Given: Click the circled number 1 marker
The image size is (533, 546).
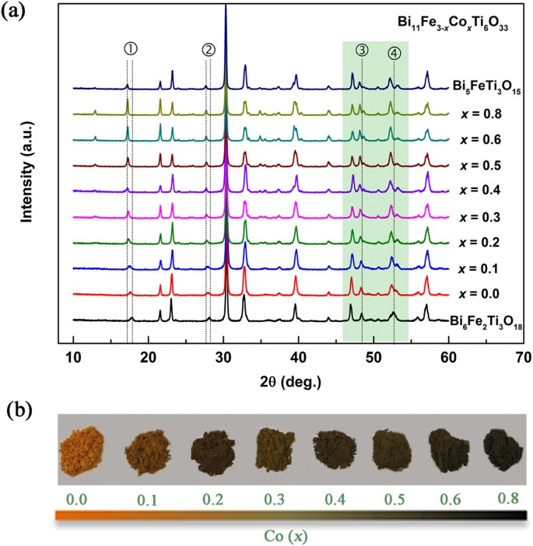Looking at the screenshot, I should pos(130,48).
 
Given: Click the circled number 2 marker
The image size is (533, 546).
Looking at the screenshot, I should pos(208,48).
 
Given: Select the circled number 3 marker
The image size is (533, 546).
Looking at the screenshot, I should pos(362,50).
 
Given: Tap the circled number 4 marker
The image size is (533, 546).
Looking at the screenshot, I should pos(394,53).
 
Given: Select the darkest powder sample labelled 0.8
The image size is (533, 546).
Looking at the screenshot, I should pos(498,453).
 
